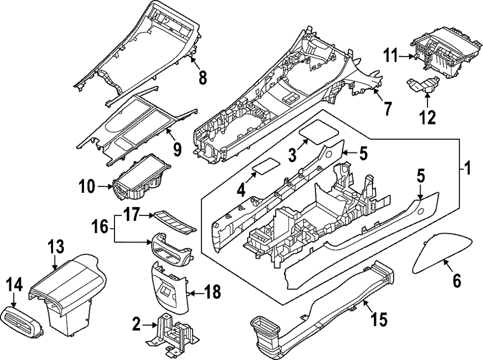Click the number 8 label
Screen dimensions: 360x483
pos(202,76)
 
